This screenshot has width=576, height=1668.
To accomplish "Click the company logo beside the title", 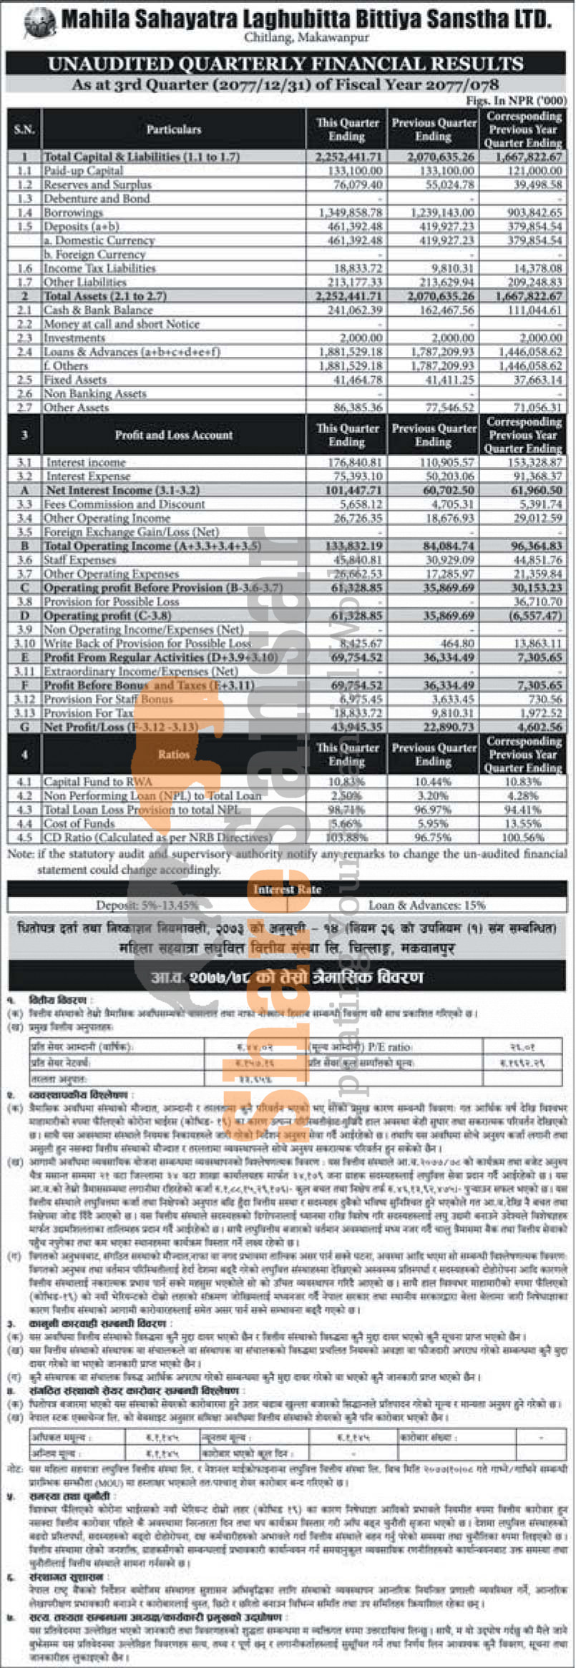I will pyautogui.click(x=39, y=21).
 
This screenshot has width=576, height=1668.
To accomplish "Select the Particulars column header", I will pyautogui.click(x=174, y=129).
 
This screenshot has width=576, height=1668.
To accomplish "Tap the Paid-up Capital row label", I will pyautogui.click(x=83, y=171).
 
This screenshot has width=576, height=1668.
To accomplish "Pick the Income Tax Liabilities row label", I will pyautogui.click(x=99, y=268).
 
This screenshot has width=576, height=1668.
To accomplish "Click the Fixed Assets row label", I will pyautogui.click(x=75, y=380).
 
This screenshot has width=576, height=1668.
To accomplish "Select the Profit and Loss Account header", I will pyautogui.click(x=174, y=435).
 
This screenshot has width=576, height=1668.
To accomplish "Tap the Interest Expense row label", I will pyautogui.click(x=89, y=476).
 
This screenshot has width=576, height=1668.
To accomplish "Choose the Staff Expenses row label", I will pyautogui.click(x=79, y=560).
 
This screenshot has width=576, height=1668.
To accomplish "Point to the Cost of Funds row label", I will pyautogui.click(x=79, y=823).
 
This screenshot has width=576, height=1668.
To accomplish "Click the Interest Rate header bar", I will pyautogui.click(x=287, y=889).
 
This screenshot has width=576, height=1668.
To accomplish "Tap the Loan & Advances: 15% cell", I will pyautogui.click(x=426, y=905).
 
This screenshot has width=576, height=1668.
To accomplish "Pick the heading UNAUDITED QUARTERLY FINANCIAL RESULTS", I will pyautogui.click(x=286, y=64).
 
